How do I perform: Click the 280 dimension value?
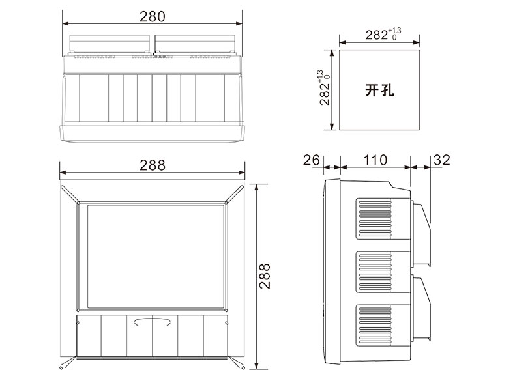tap(152, 16)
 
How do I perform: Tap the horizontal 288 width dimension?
tap(152, 165)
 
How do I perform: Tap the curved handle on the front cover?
tap(152, 320)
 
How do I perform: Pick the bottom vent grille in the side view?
tap(373, 324)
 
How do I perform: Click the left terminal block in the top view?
tap(110, 44)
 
